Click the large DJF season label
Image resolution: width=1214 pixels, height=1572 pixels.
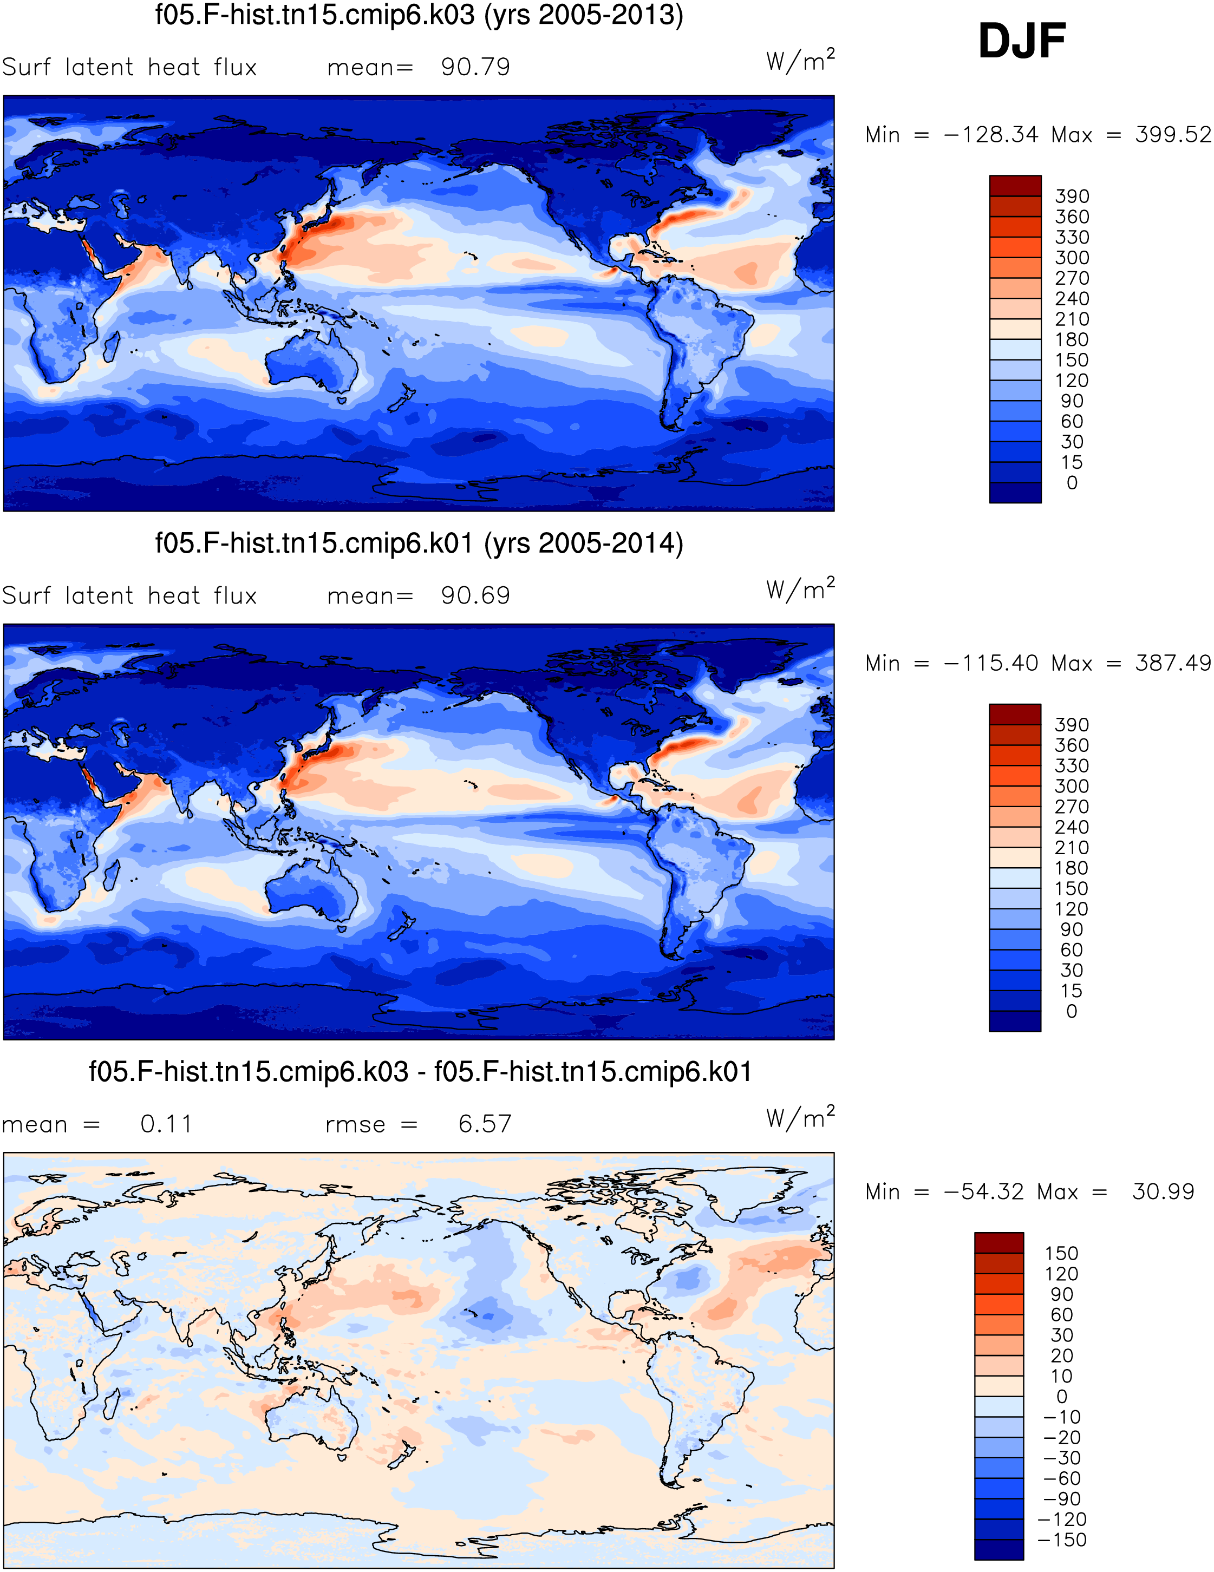(1021, 41)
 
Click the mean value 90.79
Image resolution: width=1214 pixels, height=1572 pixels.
(475, 67)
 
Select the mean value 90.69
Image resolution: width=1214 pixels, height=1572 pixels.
(475, 595)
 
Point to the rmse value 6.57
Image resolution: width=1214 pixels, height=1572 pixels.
(485, 1124)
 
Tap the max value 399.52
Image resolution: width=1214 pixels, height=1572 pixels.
(1173, 135)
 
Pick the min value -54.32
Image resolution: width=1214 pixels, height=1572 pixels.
(983, 1191)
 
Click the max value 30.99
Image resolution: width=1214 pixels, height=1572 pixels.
(1163, 1191)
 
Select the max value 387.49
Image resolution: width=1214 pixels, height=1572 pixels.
(1173, 663)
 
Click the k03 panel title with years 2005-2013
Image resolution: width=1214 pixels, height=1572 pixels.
(419, 15)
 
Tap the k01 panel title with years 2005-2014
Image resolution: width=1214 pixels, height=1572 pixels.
(419, 543)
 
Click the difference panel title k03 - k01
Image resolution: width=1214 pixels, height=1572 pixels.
(421, 1072)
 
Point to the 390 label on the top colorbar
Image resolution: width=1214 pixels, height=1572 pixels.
(1072, 196)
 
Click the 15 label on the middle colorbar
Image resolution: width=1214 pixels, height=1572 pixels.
(1072, 991)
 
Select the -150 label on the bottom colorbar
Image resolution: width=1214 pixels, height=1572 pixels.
(1061, 1540)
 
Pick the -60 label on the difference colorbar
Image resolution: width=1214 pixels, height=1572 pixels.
(1061, 1478)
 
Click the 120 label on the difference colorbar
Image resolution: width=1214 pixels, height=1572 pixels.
(1061, 1274)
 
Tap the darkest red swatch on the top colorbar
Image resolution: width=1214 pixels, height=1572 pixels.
(1015, 186)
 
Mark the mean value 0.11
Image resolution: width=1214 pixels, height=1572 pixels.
(166, 1124)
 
